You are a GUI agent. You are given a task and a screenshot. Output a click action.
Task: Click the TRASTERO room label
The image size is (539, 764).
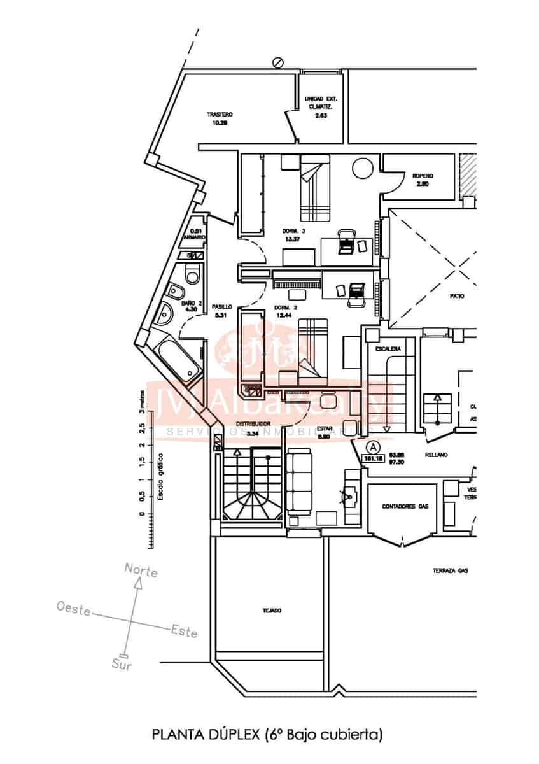(x=220, y=115)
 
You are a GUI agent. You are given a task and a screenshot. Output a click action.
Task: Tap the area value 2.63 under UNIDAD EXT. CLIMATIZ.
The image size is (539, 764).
(x=321, y=115)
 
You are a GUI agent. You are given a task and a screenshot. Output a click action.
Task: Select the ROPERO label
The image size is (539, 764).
(x=423, y=176)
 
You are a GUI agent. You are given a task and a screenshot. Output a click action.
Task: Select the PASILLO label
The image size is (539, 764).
(x=222, y=306)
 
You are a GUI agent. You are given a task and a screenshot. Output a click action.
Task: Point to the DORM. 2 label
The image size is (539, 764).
(x=284, y=308)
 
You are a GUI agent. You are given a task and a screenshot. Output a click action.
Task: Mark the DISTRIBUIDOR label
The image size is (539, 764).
(x=254, y=424)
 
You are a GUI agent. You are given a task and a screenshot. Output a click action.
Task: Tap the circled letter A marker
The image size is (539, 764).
(x=373, y=446)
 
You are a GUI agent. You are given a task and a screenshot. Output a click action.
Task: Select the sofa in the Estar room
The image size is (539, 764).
(x=299, y=481)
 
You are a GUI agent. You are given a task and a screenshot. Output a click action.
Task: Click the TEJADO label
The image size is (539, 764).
(x=271, y=611)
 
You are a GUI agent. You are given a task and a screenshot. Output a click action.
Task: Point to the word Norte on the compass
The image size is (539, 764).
(x=141, y=570)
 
